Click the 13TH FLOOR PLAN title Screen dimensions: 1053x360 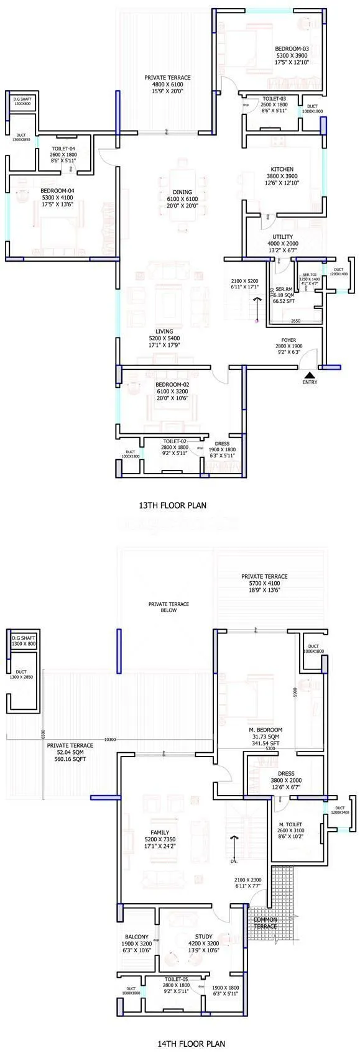[172, 505]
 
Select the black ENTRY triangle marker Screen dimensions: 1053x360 [309, 374]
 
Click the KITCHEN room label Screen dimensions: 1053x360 [282, 169]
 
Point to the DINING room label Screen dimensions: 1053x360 [183, 192]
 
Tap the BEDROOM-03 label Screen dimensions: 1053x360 [292, 48]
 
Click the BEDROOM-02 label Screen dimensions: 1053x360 [172, 384]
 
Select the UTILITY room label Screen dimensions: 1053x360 [282, 237]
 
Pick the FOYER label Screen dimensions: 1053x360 [288, 339]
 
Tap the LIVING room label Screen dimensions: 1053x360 [165, 331]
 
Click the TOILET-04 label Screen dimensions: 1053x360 [63, 149]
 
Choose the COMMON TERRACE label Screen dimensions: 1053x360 [265, 922]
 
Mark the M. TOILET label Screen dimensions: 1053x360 [291, 825]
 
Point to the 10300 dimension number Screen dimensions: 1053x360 [110, 740]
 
